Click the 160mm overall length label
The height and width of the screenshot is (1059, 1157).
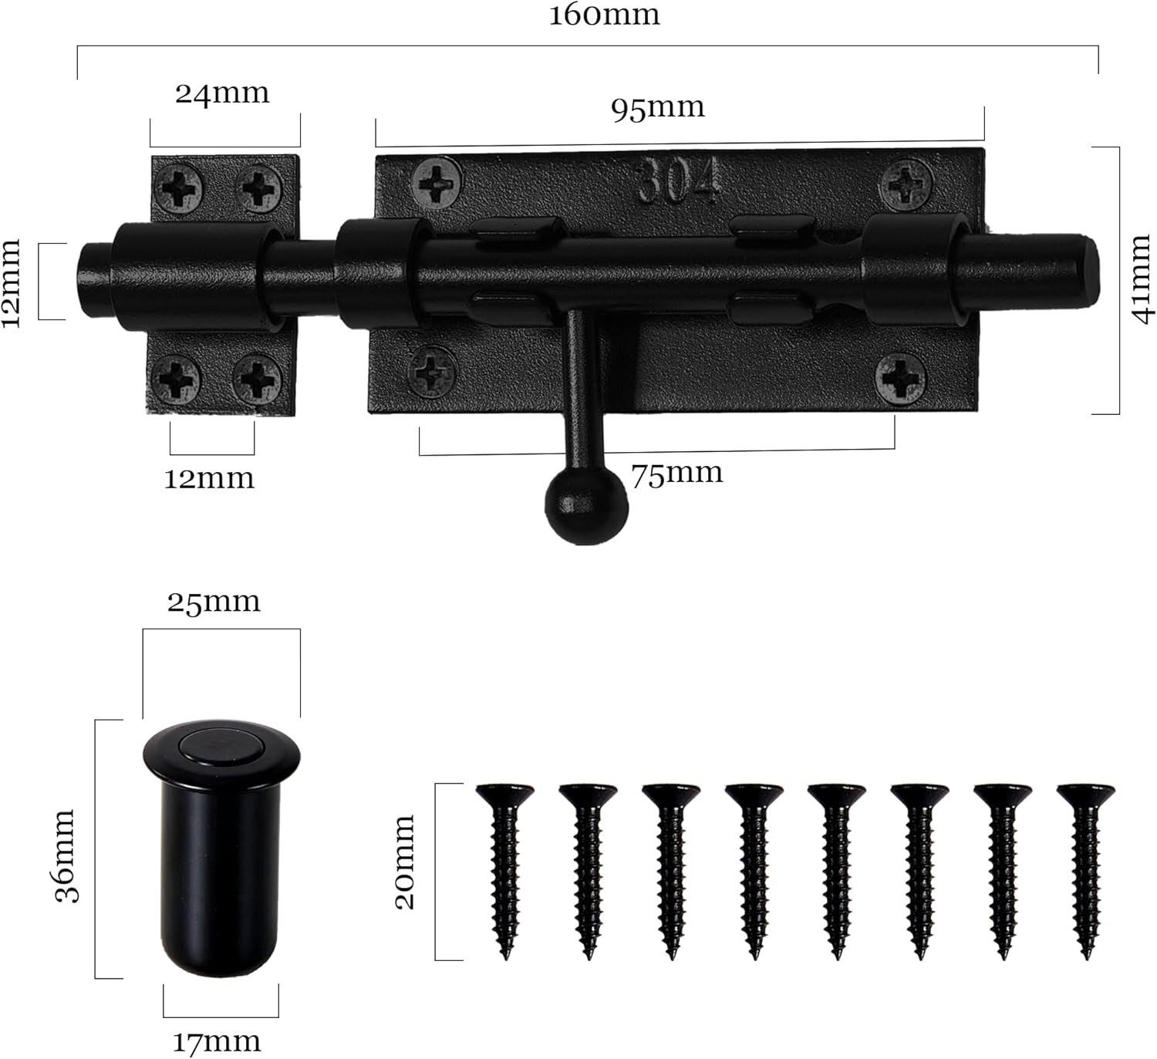point(604,15)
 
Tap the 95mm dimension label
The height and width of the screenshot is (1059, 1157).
point(658,108)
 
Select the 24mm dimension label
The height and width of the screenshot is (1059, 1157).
point(222,94)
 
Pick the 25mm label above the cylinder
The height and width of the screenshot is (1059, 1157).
point(214,602)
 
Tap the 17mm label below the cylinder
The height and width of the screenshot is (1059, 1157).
point(216,1043)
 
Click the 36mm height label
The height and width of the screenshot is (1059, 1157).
point(66,855)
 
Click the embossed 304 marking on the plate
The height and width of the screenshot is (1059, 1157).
point(679,181)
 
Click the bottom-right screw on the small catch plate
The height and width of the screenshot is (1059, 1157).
point(257,379)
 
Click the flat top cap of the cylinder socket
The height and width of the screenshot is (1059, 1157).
point(221,745)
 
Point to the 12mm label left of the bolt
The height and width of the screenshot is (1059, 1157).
point(12,282)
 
